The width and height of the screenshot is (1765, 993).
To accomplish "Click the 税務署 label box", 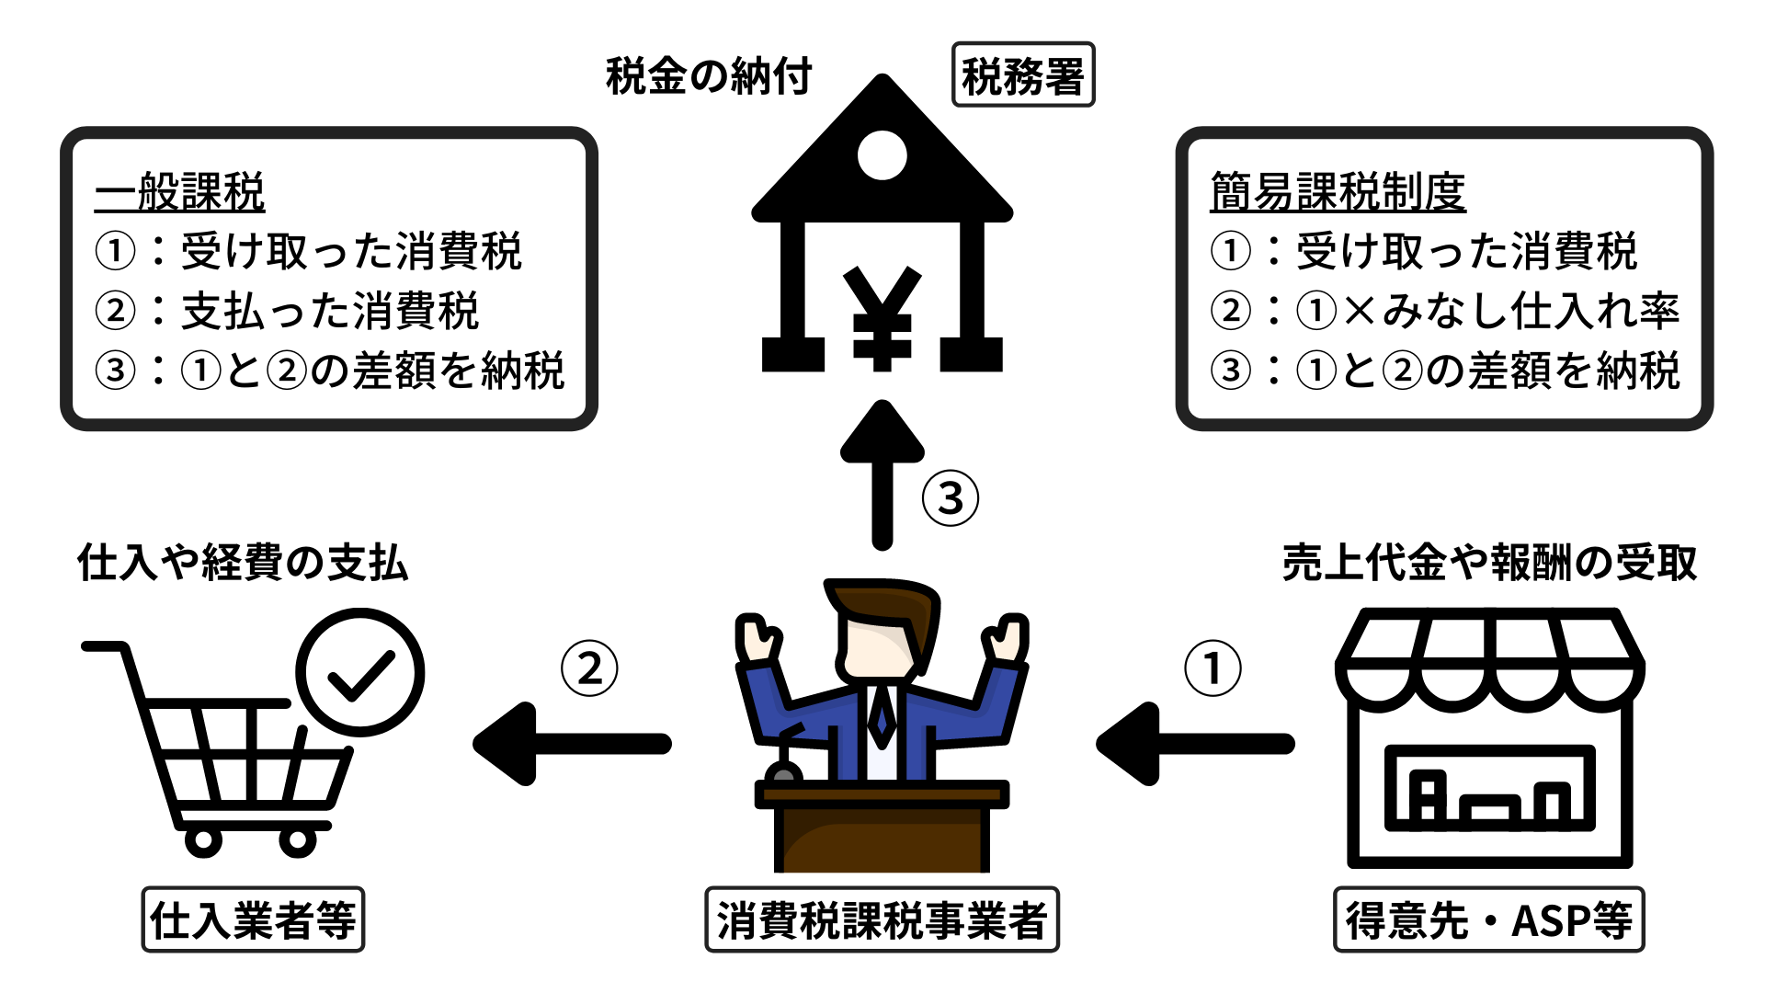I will coord(1022,75).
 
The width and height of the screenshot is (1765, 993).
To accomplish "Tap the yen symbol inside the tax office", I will coord(882,318).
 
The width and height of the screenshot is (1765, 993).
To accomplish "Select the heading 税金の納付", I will coord(709,75).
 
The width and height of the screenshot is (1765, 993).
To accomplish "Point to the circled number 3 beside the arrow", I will coord(950,498).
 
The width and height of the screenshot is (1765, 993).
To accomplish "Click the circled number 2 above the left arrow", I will coord(589,668).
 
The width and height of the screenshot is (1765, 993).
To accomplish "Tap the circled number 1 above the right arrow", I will coord(1213,668).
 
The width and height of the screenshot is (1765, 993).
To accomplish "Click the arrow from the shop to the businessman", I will coord(1195,744).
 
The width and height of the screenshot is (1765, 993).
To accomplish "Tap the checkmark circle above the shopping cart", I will coord(360,672).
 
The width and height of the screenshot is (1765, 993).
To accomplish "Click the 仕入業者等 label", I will coord(253,919).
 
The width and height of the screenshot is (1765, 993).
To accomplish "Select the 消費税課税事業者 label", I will coord(882,919).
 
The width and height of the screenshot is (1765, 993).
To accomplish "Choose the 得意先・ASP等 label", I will coord(1488,919).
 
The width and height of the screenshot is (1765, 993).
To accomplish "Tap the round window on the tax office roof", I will coord(882,154).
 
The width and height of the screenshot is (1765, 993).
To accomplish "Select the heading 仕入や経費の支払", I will coord(243,563).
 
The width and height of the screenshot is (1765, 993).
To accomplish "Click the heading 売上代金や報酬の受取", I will coord(1489,563).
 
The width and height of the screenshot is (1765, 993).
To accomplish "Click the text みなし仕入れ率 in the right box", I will coord(1532,311).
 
